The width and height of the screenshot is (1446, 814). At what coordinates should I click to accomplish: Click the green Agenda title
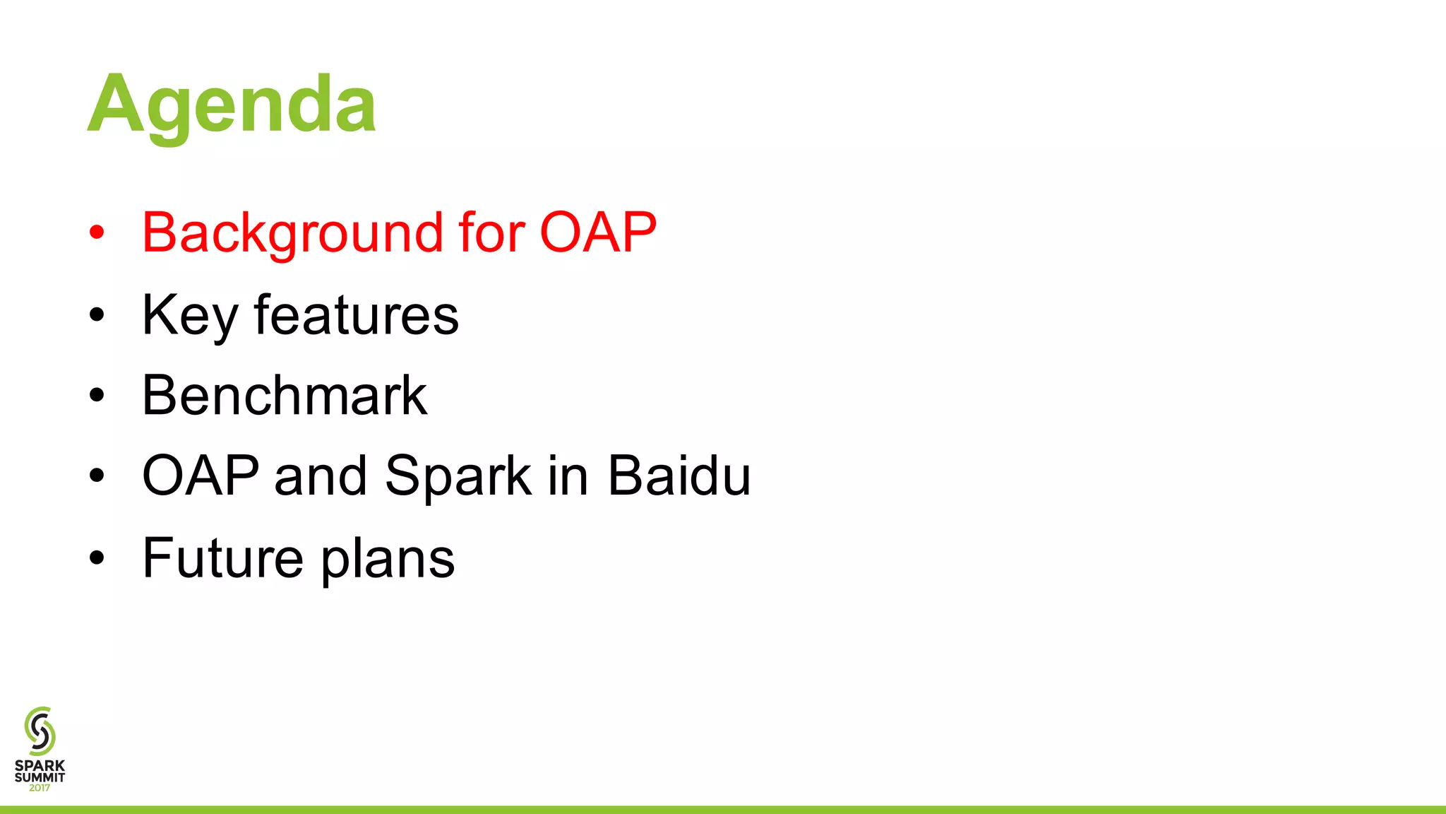[232, 105]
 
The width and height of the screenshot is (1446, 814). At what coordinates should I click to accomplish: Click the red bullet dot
[97, 232]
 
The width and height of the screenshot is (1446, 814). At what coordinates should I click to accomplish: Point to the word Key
[189, 316]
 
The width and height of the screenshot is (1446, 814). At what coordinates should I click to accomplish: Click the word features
[357, 314]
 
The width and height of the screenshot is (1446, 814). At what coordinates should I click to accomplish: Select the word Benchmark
[284, 395]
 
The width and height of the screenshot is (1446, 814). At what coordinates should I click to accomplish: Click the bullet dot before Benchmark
[97, 396]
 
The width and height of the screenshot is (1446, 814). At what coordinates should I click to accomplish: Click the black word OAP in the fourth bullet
[201, 476]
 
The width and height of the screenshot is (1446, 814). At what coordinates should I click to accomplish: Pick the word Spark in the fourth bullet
[458, 477]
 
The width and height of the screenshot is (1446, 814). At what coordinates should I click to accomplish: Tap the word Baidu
[679, 476]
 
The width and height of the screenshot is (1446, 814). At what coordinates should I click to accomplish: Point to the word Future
[222, 558]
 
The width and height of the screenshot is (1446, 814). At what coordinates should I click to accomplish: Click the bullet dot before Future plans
[97, 558]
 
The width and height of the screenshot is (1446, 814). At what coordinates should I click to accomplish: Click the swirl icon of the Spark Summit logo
[40, 731]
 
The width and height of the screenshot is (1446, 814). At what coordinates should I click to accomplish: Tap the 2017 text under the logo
[40, 788]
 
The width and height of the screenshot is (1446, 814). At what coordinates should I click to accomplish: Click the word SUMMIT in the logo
[40, 777]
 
